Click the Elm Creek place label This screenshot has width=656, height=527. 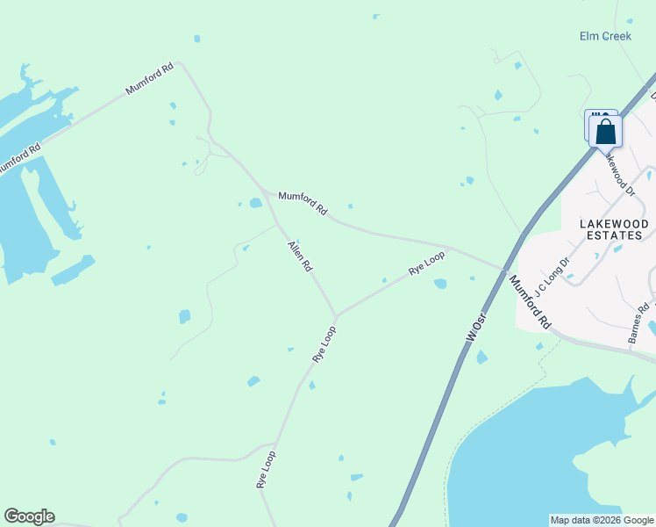pyautogui.click(x=605, y=36)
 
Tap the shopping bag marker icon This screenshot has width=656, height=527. pyautogui.click(x=605, y=132)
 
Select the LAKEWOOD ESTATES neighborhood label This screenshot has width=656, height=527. pyautogui.click(x=615, y=230)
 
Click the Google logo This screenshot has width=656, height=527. pyautogui.click(x=29, y=516)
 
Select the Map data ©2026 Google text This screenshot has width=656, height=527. pyautogui.click(x=602, y=520)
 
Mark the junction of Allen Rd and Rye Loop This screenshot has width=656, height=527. pyautogui.click(x=335, y=316)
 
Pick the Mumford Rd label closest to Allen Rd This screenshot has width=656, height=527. pyautogui.click(x=303, y=204)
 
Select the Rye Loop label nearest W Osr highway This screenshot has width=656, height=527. pyautogui.click(x=427, y=263)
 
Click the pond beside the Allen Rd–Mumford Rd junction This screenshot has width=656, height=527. pyautogui.click(x=255, y=203)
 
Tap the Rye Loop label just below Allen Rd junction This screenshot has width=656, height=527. pyautogui.click(x=324, y=344)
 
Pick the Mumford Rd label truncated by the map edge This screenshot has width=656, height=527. pyautogui.click(x=19, y=156)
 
